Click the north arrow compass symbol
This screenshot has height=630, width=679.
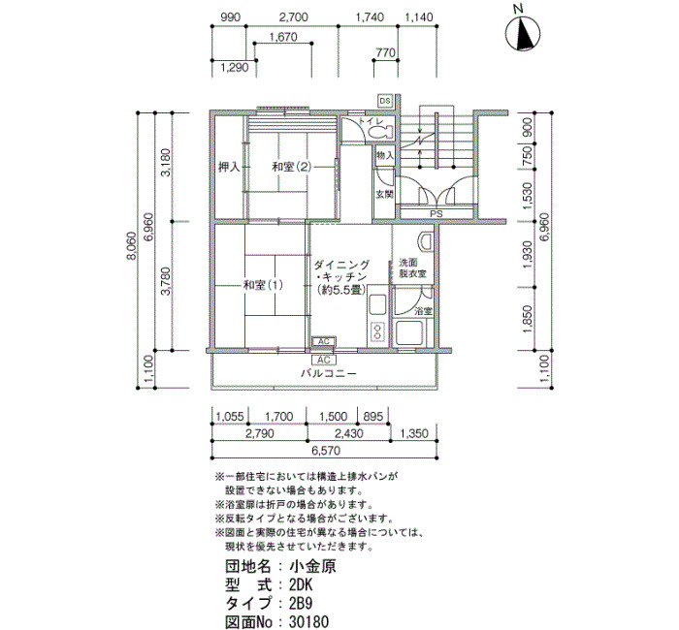point(523,33)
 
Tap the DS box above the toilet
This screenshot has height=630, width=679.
point(385,101)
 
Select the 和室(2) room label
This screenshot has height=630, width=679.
point(291,167)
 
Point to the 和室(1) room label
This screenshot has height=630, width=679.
point(263,285)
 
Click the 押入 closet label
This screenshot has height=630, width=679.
point(229,167)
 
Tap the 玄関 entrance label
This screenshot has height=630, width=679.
point(384,194)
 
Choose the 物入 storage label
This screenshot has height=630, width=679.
point(385,155)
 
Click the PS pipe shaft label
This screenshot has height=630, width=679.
point(436,214)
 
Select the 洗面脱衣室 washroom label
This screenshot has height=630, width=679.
point(412,268)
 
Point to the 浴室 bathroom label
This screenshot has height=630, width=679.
point(423,311)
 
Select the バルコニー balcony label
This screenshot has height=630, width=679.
point(329,373)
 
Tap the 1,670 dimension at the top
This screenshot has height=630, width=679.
point(283,37)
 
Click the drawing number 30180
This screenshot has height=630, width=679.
point(308,622)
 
